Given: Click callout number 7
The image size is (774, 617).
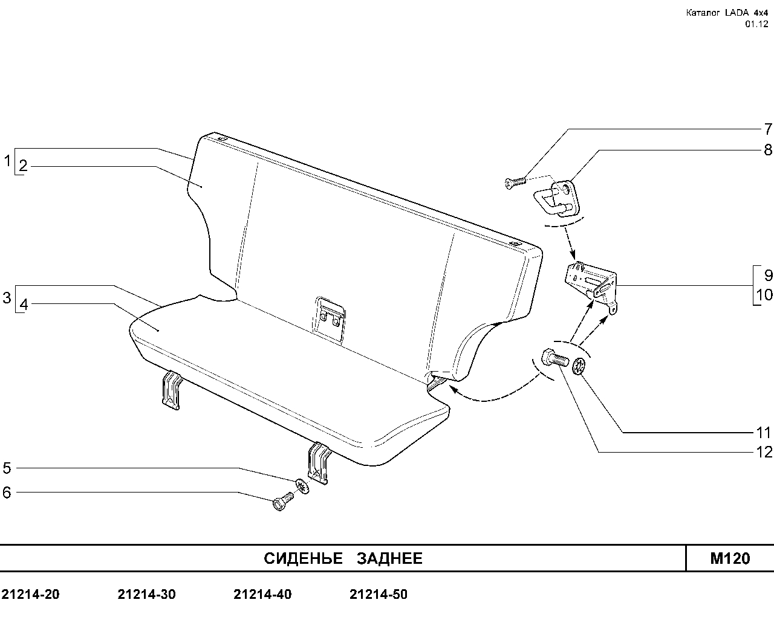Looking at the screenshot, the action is [x=768, y=129].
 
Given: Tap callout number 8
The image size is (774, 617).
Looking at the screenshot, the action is [x=768, y=150].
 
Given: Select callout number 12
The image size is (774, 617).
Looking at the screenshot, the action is [x=764, y=452].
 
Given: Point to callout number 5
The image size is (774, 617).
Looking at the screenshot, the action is [x=7, y=468].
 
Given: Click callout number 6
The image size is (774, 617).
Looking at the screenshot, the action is [x=7, y=493].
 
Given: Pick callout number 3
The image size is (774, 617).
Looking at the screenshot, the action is [x=7, y=298].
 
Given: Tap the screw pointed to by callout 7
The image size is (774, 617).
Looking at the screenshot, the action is [x=515, y=183].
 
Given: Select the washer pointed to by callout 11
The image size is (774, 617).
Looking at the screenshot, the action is [x=579, y=366].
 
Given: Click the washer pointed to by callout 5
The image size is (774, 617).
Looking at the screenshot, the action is [x=302, y=486].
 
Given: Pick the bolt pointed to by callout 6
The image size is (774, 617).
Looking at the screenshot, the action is [x=284, y=501].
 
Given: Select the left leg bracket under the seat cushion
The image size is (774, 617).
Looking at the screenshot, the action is [x=171, y=390].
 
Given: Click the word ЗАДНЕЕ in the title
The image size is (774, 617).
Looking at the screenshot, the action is [x=389, y=558].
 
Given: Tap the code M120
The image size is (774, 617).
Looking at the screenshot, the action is [x=730, y=558].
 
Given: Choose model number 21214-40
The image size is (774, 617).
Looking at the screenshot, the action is [x=262, y=594].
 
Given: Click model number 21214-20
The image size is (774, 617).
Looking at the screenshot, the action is [x=31, y=594].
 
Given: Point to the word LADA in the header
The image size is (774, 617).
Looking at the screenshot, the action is [x=736, y=13].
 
